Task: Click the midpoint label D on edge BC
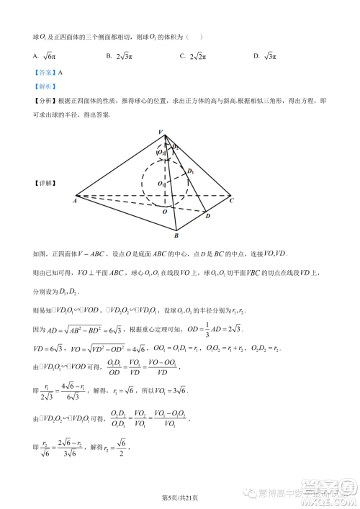point(207,216)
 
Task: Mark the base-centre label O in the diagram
point(164,212)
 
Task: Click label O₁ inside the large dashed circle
point(162,184)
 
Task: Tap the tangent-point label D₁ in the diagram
point(191,171)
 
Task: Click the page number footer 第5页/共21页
point(179,497)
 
